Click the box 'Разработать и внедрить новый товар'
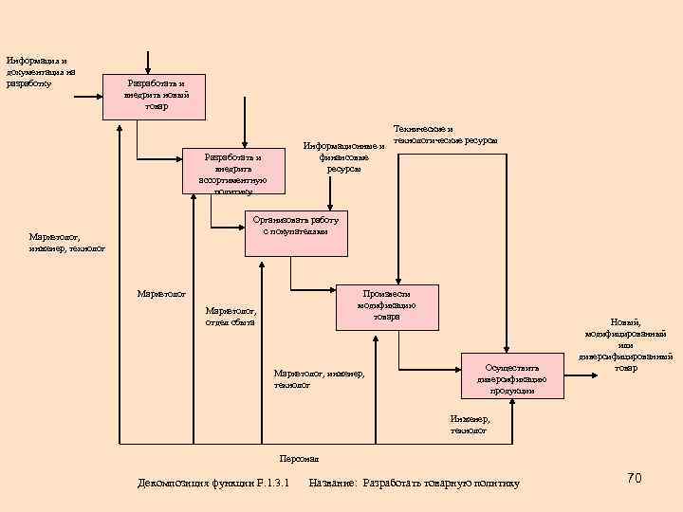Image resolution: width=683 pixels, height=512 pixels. [154, 95]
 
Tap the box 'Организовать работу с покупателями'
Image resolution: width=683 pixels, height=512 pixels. [296, 232]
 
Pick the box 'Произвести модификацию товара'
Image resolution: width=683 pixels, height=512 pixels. [386, 307]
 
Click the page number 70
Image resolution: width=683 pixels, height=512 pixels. [634, 478]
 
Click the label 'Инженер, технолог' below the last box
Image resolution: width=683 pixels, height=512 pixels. [470, 424]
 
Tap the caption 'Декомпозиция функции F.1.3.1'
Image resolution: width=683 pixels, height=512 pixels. [213, 484]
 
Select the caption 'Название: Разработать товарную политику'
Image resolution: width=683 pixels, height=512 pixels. [414, 484]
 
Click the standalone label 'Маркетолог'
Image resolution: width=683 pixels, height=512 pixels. [161, 293]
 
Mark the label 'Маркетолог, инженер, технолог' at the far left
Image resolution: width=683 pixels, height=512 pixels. [66, 243]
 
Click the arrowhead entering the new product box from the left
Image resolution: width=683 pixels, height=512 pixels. [99, 96]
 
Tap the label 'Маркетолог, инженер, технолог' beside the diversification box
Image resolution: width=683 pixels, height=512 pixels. [319, 379]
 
